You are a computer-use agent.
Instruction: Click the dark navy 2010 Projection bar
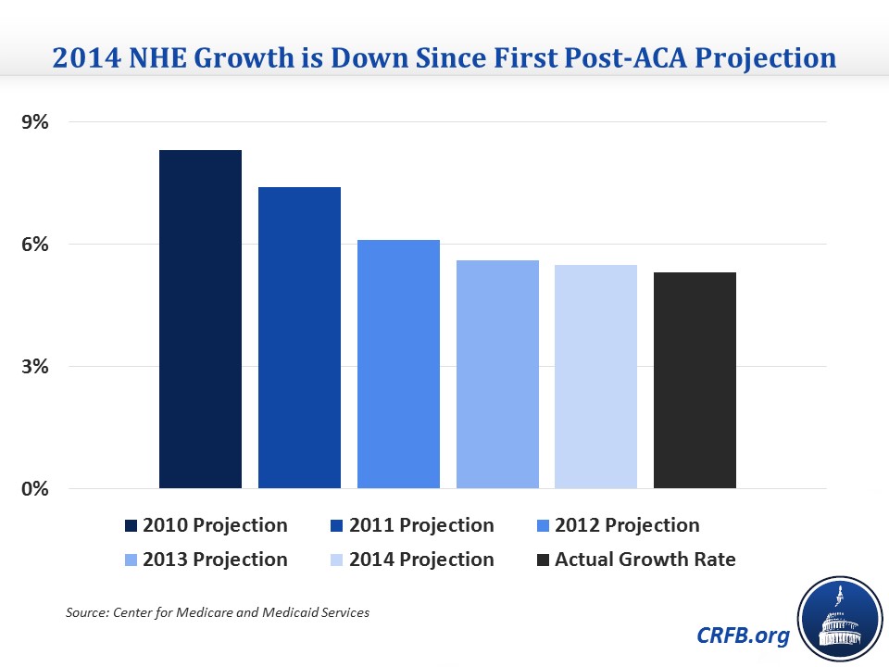200,319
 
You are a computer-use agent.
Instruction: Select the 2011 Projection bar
299,337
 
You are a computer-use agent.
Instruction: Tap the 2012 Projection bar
398,363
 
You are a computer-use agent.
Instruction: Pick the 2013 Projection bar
497,373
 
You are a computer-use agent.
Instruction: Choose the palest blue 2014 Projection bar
595,376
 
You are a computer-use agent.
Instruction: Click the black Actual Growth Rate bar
695,380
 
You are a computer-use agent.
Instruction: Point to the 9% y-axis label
35,122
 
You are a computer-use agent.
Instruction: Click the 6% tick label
35,245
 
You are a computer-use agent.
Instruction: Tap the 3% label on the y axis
35,367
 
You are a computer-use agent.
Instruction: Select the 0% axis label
35,489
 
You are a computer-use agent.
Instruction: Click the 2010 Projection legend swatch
131,526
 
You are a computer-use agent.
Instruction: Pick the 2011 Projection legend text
421,525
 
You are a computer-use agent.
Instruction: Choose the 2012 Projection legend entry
618,525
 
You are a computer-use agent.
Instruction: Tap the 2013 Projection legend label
215,560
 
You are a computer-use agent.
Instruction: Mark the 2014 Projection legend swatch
337,560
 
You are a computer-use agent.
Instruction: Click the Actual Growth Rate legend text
645,560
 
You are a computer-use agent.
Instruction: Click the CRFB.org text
743,636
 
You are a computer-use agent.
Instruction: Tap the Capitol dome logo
840,620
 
